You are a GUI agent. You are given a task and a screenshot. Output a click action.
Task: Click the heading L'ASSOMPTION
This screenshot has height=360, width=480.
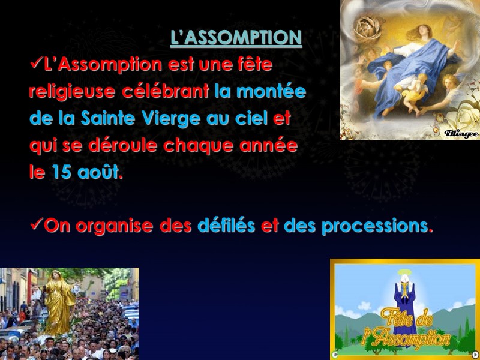tap(236, 38)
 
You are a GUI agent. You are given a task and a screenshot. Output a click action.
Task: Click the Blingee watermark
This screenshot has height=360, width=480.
tap(461, 132)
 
